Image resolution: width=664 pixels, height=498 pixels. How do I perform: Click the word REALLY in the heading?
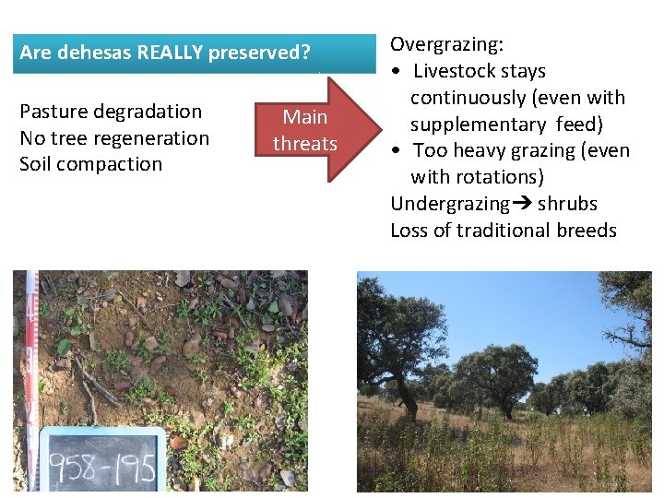[x=171, y=53]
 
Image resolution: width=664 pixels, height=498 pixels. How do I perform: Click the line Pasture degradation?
[x=111, y=112]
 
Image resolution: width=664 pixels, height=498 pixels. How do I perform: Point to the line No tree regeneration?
[x=114, y=138]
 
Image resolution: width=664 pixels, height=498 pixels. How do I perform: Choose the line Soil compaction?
[x=90, y=165]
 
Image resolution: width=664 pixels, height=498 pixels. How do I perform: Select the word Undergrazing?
[x=450, y=204]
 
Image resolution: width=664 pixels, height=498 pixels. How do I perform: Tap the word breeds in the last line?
[x=587, y=231]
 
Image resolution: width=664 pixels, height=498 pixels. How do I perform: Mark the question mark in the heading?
[x=305, y=53]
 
